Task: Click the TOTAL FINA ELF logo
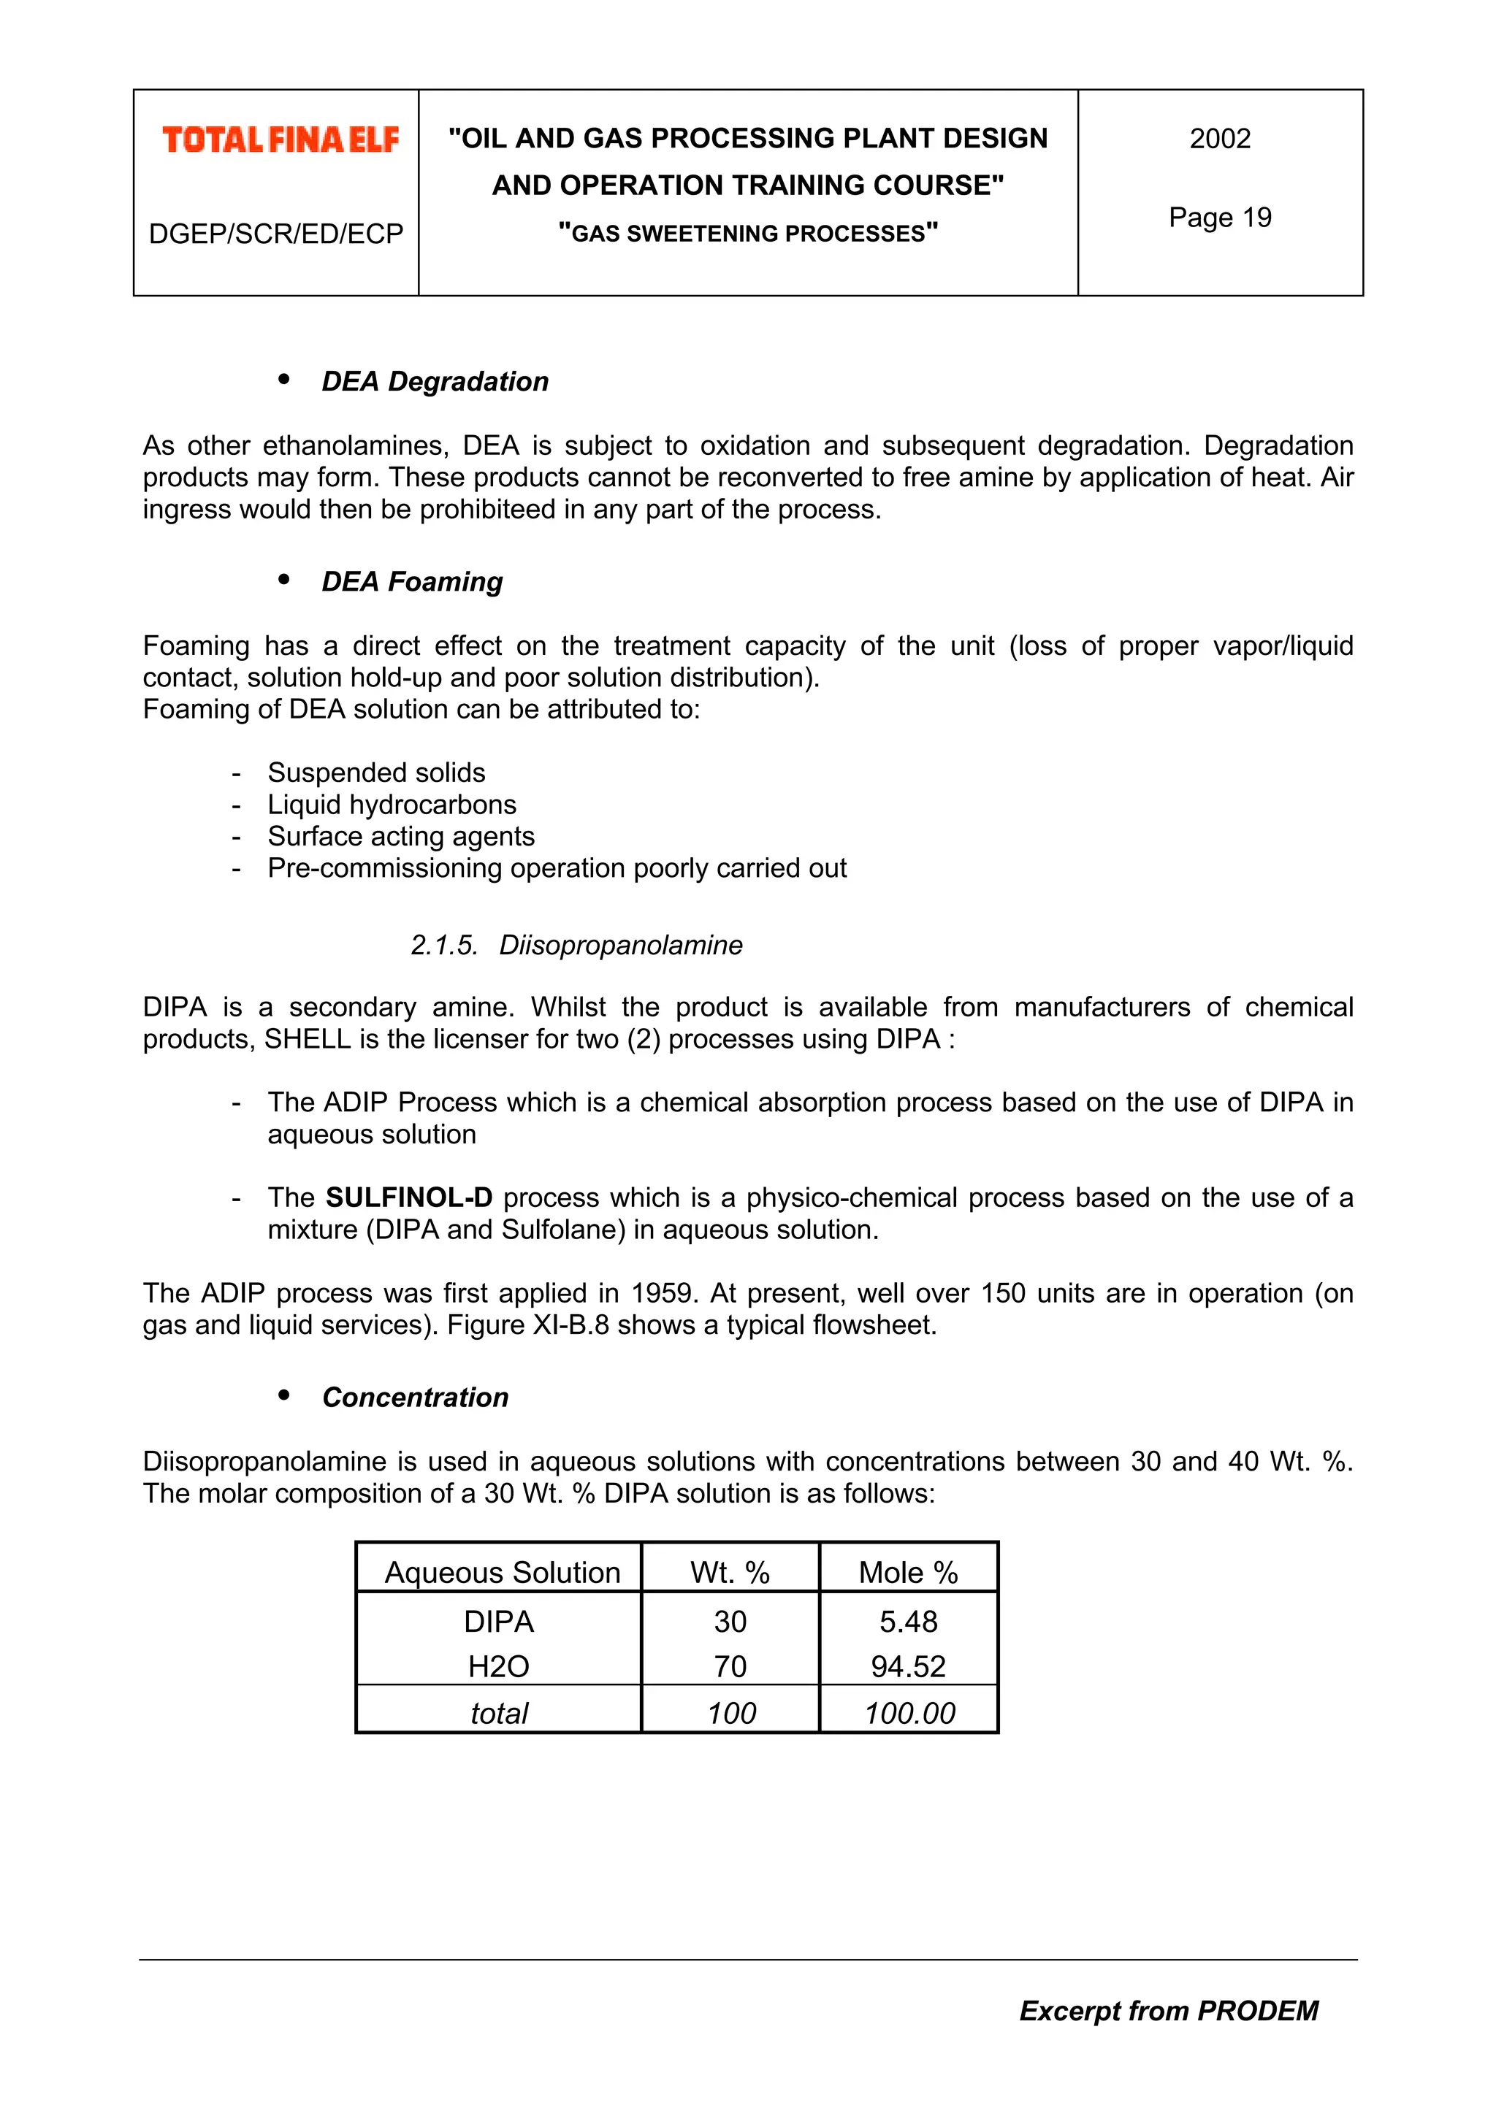coord(280,140)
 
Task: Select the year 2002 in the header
coord(1219,138)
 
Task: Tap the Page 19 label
coord(1219,218)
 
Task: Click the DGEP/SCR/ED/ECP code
coord(275,234)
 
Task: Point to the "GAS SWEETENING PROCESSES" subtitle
coord(747,233)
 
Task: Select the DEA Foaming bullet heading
coord(412,581)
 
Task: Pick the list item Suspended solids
coord(376,773)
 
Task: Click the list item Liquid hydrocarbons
coord(392,805)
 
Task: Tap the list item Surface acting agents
coord(401,836)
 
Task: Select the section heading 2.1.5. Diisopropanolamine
coord(576,945)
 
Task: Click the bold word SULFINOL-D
coord(409,1197)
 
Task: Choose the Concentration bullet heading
coord(415,1397)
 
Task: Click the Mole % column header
coord(908,1572)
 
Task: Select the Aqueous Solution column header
coord(503,1572)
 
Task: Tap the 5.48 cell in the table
coord(908,1621)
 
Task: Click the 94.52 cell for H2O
coord(908,1666)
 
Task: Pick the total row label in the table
coord(499,1713)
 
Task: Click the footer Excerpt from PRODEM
coord(1168,2011)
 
